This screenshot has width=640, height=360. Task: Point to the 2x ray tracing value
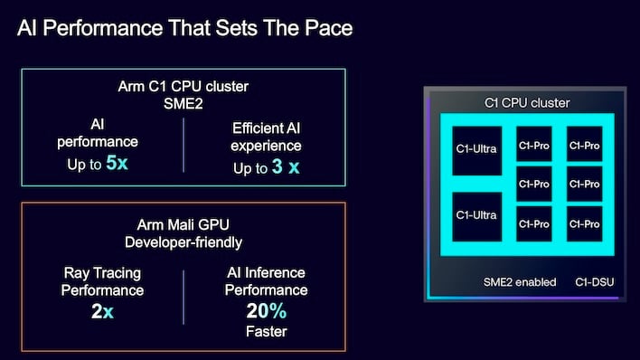102,312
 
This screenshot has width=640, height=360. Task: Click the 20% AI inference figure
266,312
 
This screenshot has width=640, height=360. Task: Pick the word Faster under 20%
266,332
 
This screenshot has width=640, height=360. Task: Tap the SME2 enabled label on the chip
519,282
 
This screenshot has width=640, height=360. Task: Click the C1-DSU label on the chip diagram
595,282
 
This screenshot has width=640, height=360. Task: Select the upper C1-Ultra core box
475,149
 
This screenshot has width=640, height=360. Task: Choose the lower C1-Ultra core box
475,215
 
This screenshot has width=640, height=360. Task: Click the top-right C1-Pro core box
583,144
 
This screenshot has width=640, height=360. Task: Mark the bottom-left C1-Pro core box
533,223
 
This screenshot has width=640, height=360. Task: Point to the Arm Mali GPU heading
183,225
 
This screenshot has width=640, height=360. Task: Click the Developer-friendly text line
183,243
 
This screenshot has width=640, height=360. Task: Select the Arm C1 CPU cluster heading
183,88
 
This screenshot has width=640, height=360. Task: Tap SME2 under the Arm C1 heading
183,106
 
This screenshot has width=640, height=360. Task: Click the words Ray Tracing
102,273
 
